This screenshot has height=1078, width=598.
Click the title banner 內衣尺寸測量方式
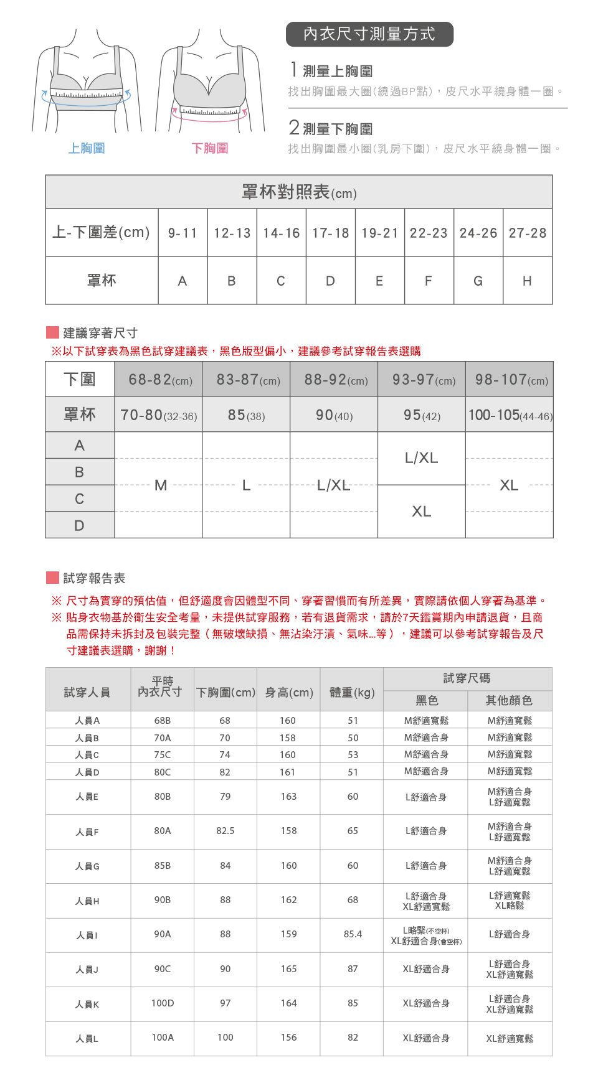tap(369, 34)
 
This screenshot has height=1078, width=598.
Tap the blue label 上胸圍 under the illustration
tap(87, 148)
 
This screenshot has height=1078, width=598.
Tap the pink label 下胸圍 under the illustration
tap(210, 148)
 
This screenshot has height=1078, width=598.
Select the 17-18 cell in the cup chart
tap(330, 233)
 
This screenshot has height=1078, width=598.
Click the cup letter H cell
tap(527, 281)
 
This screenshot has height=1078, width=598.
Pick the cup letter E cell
tap(379, 281)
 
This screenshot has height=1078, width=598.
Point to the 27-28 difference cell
tap(527, 233)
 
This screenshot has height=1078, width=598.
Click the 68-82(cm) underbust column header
tap(159, 380)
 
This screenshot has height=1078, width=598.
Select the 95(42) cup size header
tap(422, 415)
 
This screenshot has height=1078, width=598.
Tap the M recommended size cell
tap(160, 485)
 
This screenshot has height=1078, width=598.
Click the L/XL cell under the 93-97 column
tap(422, 458)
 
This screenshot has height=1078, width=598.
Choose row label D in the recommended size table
tap(79, 525)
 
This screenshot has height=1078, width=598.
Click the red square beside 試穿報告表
tap(52, 578)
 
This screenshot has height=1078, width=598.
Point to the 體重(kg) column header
tap(352, 692)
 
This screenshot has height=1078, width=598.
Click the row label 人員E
tap(87, 797)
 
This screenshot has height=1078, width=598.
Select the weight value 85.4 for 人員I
tap(353, 934)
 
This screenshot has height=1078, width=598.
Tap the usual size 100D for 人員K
tap(163, 1003)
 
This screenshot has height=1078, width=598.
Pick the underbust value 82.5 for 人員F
tap(225, 831)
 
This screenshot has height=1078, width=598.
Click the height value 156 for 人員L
tap(288, 1038)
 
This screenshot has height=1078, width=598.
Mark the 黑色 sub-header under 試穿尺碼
tap(427, 701)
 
